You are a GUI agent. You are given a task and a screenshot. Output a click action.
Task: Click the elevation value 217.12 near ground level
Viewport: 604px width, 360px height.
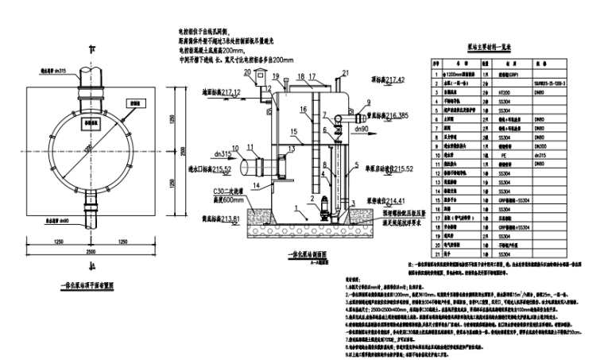click(x=228, y=92)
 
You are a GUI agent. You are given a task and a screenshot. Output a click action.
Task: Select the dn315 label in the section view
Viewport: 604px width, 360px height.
click(x=223, y=153)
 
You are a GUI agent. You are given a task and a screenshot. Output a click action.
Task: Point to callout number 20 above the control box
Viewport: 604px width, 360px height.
click(x=247, y=72)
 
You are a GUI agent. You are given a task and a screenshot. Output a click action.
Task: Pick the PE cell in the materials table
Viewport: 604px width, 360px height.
click(x=501, y=157)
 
